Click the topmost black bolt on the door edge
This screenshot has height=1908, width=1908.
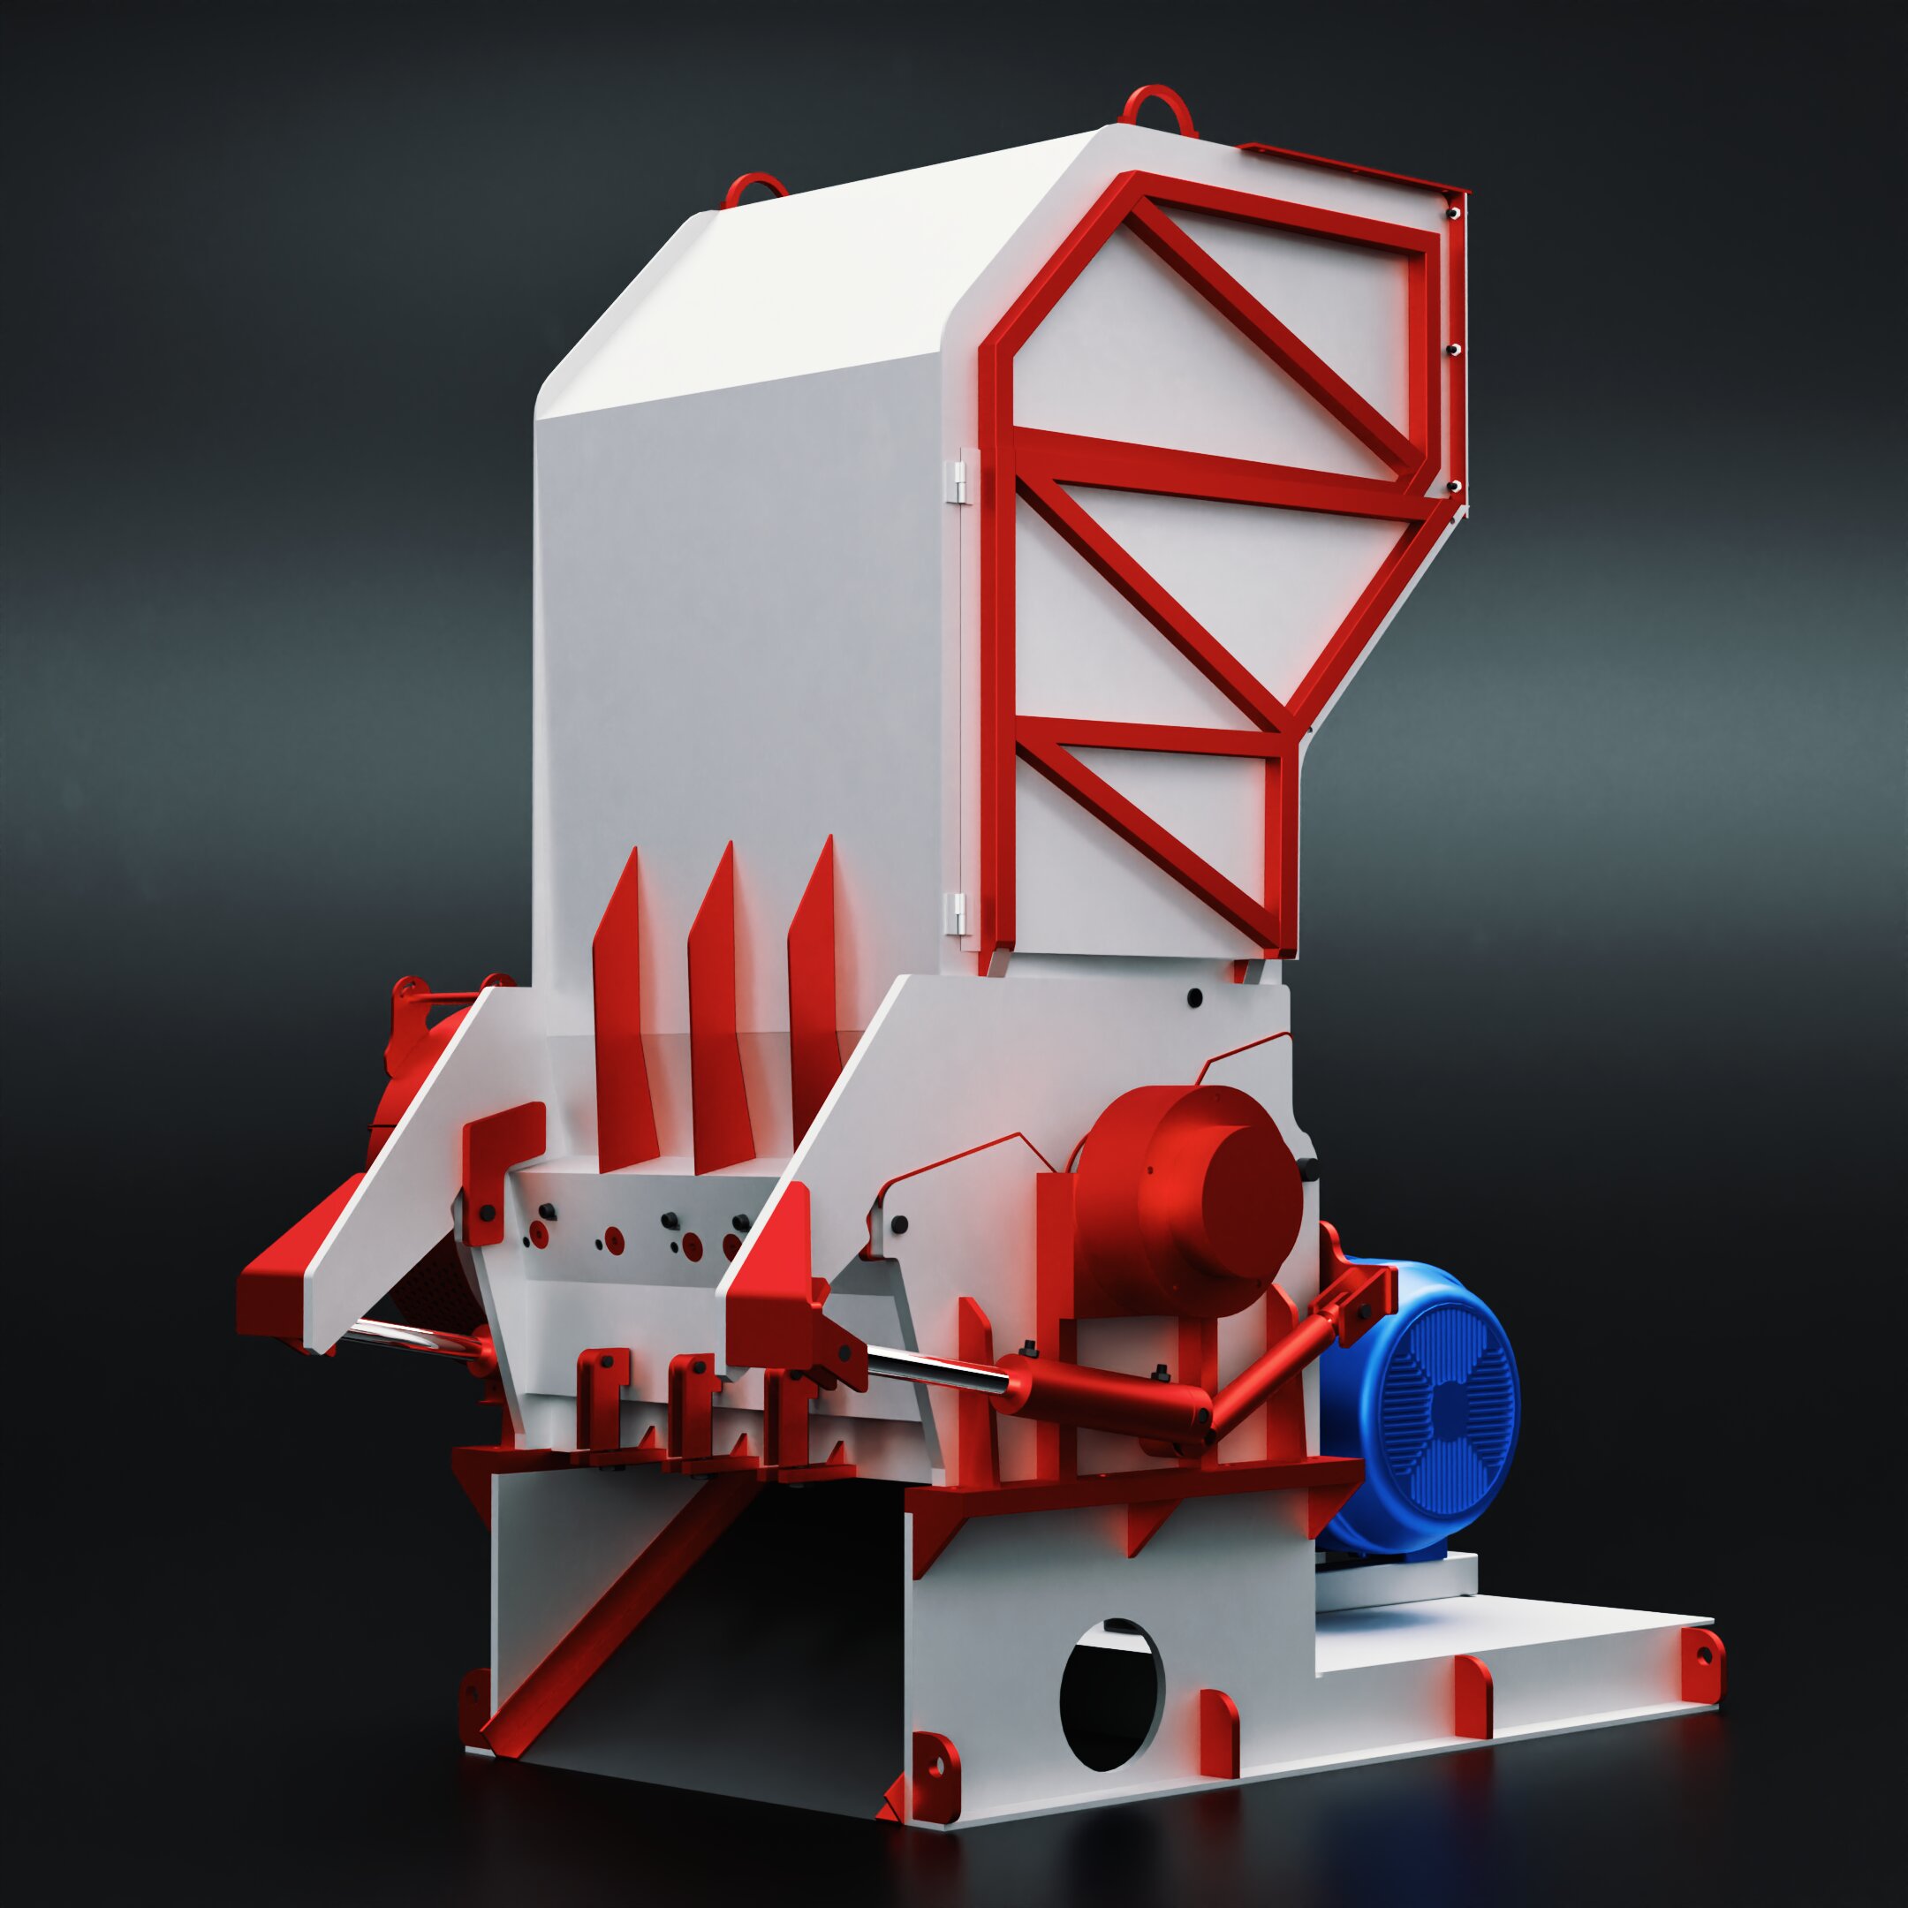[1454, 211]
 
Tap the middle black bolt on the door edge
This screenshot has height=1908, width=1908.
[1454, 350]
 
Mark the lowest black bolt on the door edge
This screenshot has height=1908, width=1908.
[1454, 487]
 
